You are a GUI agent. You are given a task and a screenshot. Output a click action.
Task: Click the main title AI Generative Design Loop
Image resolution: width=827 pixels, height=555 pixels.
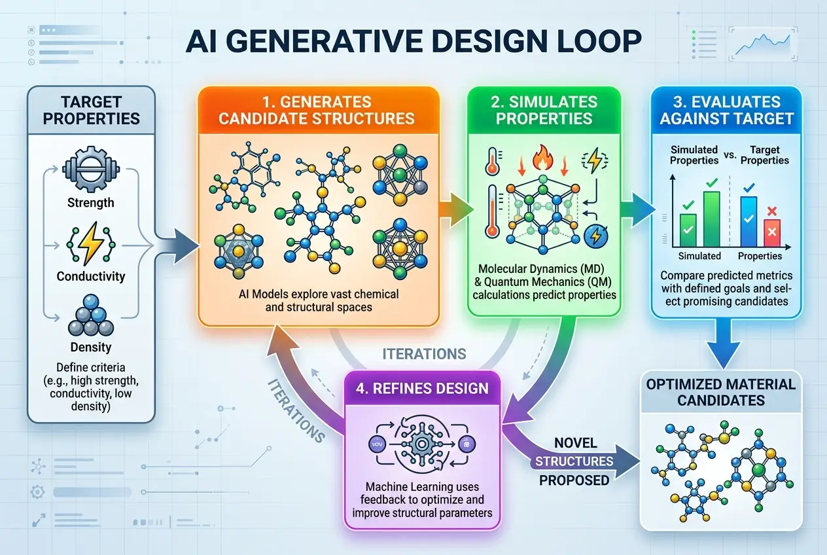tap(413, 41)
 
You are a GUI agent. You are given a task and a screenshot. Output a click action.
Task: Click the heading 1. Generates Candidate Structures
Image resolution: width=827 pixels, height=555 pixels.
tap(317, 110)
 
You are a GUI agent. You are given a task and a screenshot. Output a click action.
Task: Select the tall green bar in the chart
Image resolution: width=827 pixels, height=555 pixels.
tap(711, 218)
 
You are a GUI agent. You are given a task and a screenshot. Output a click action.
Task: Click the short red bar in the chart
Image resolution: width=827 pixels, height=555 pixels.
tap(772, 232)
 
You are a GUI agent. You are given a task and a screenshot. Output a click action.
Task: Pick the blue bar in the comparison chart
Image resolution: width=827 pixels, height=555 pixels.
tap(748, 221)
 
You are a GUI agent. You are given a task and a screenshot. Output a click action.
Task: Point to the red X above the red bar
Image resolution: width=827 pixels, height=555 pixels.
tap(772, 211)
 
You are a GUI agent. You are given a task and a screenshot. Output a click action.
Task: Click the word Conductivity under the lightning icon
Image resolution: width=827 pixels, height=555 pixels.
tap(90, 276)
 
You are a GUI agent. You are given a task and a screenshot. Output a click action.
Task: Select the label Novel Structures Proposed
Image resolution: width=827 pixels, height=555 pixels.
tap(574, 461)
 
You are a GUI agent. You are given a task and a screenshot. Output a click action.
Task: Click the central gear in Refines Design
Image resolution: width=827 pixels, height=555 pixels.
tap(420, 444)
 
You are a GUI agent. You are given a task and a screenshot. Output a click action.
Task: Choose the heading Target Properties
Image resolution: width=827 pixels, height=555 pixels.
tap(91, 109)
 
